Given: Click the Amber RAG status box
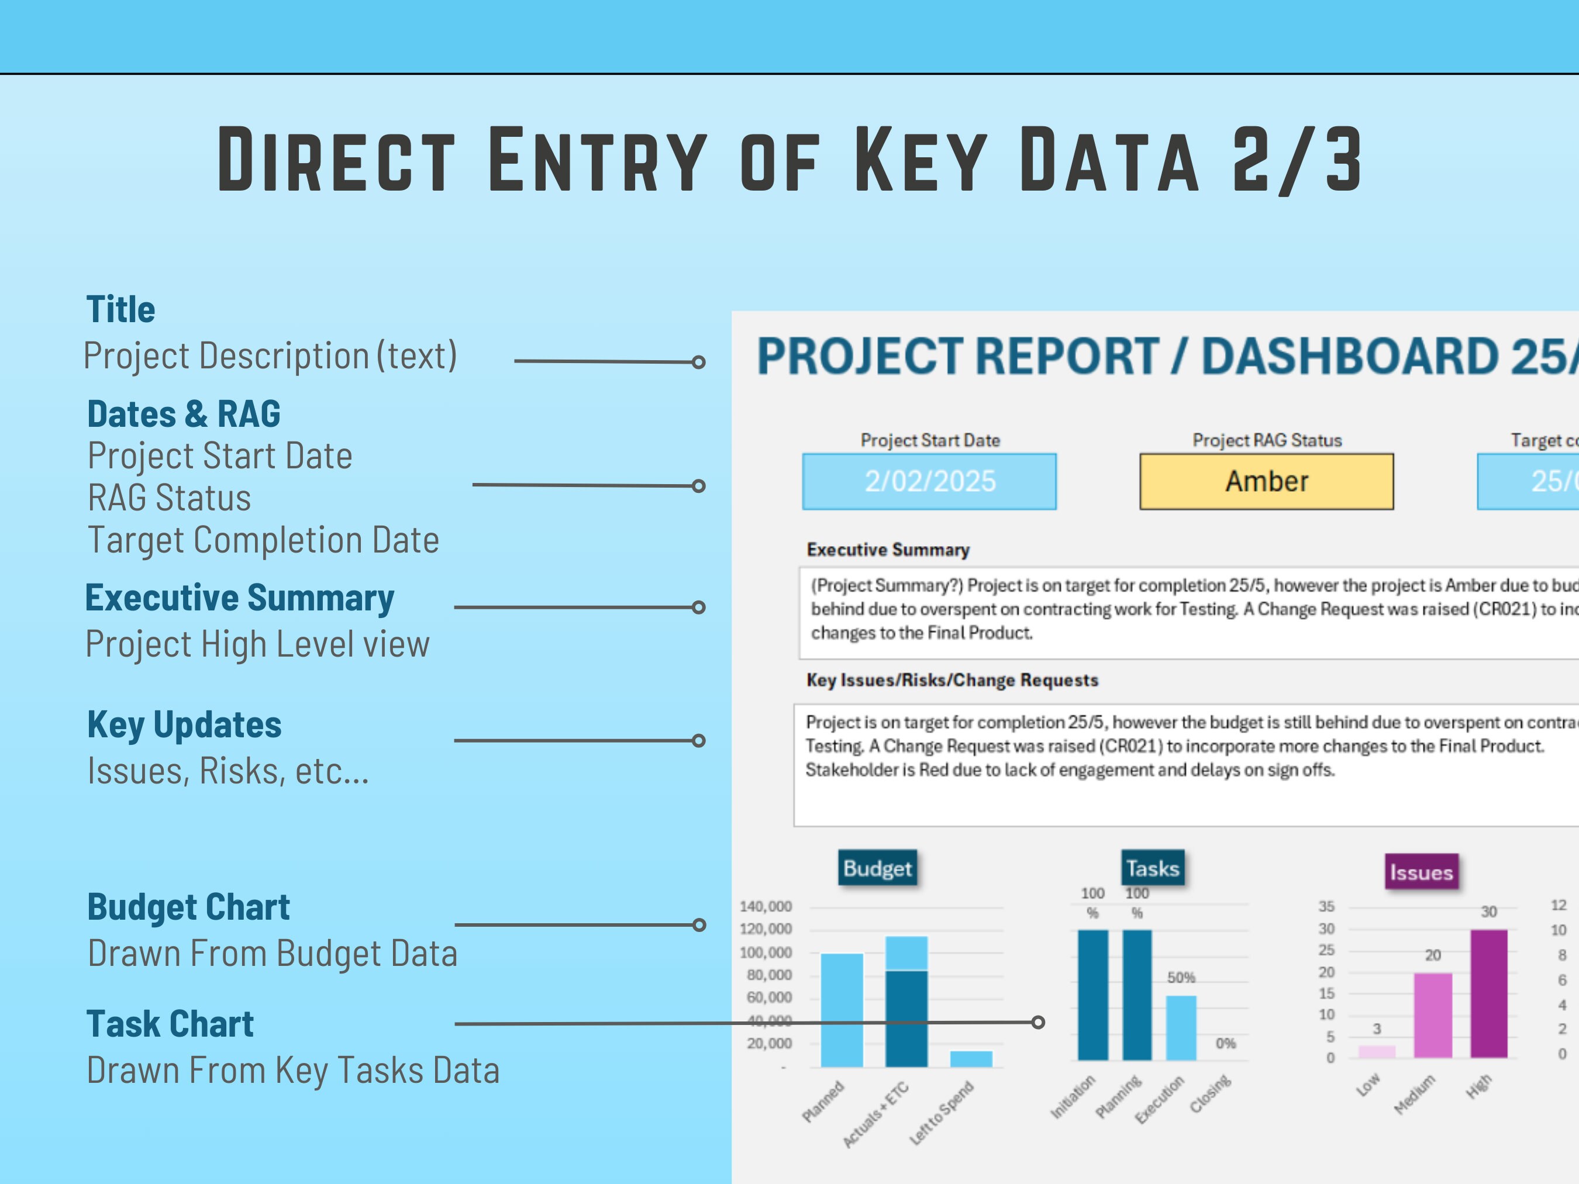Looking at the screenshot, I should pos(1266,481).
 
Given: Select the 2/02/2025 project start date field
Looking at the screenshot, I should pos(929,481).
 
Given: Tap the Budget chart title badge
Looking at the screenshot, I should pos(877,868).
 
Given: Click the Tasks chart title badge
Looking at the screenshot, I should pos(1152,868).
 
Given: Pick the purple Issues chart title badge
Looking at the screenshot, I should pos(1421,872).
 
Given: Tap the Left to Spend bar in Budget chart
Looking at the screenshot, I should pos(971,1058).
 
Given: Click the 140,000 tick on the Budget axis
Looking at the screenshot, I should pos(766,906).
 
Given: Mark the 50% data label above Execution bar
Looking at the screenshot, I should pos(1181,978).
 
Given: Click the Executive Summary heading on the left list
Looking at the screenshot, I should pos(239,598).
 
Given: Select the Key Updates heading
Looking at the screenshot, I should pos(184,725).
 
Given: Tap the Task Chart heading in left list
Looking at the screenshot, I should pos(170,1024).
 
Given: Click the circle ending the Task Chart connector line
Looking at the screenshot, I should pos(1038,1023).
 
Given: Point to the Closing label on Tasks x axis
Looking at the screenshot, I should pos(1210,1094).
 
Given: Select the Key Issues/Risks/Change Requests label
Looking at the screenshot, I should pos(951,680).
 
